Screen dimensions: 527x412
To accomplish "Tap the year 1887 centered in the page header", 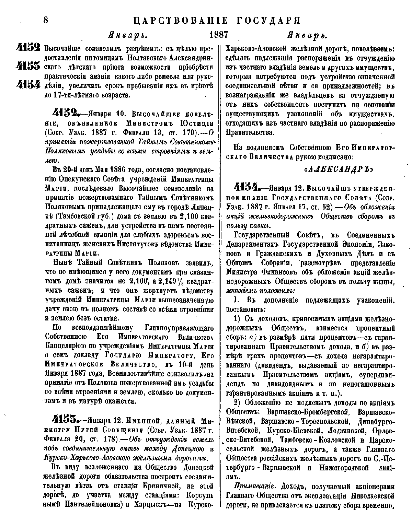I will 219,35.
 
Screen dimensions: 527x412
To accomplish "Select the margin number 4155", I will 28,66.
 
